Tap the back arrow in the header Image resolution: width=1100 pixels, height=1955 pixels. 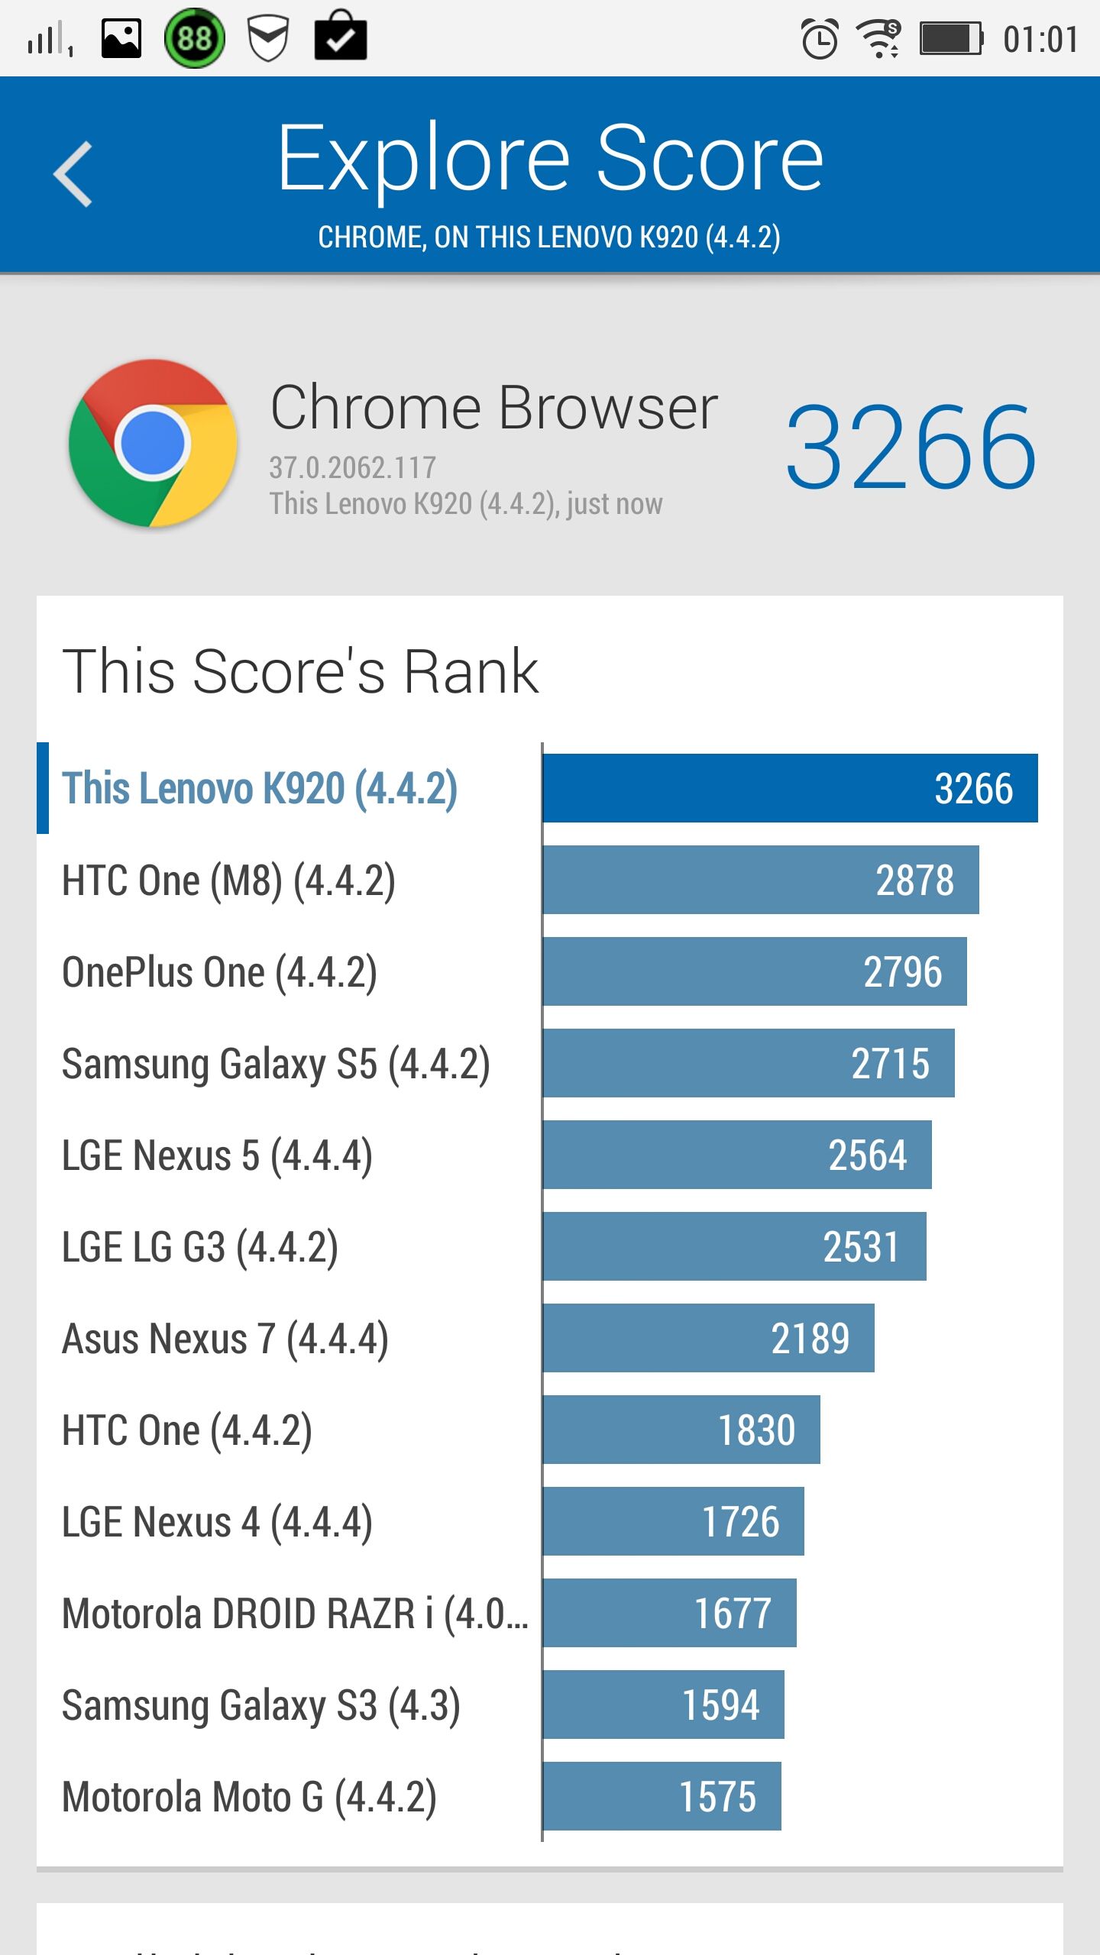pyautogui.click(x=73, y=174)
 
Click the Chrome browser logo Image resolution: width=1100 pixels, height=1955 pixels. pyautogui.click(x=153, y=443)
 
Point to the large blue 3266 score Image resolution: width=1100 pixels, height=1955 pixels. pyautogui.click(x=911, y=447)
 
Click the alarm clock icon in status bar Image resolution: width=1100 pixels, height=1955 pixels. pyautogui.click(x=820, y=39)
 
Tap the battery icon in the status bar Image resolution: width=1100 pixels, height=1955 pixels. pyautogui.click(x=951, y=39)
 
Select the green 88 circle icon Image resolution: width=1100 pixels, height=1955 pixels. pyautogui.click(x=195, y=38)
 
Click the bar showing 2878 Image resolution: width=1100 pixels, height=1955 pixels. pyautogui.click(x=761, y=880)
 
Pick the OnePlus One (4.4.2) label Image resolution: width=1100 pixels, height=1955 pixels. pyautogui.click(x=219, y=973)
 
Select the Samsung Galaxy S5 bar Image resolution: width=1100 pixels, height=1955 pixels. pyautogui.click(x=749, y=1063)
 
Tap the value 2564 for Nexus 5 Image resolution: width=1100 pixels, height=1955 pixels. pyautogui.click(x=868, y=1155)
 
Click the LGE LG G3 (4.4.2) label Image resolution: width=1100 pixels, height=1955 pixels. pyautogui.click(x=200, y=1248)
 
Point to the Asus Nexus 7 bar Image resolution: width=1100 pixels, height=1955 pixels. pyautogui.click(x=709, y=1338)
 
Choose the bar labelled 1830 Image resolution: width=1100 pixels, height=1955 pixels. pyautogui.click(x=681, y=1430)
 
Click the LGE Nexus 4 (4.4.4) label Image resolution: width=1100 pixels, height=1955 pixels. pyautogui.click(x=217, y=1523)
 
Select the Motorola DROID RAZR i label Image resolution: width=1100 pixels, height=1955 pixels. pyautogui.click(x=295, y=1614)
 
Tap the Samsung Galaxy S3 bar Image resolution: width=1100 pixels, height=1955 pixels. pyautogui.click(x=664, y=1705)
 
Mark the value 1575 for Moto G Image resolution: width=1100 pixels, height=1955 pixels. pyautogui.click(x=718, y=1796)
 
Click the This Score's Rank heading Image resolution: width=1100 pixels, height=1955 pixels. pyautogui.click(x=300, y=671)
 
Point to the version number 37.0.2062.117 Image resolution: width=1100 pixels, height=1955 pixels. pyautogui.click(x=352, y=467)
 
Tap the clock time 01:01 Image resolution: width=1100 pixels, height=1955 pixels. pyautogui.click(x=1040, y=40)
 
